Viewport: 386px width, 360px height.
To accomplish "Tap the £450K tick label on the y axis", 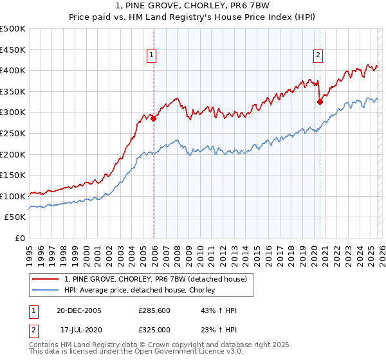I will click(x=13, y=50).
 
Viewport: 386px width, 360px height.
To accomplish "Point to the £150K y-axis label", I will click(x=13, y=175).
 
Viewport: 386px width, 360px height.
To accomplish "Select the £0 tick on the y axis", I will click(x=21, y=239).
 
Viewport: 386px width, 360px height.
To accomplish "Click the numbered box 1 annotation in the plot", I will click(x=151, y=56).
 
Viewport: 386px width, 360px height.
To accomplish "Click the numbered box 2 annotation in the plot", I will click(x=318, y=56).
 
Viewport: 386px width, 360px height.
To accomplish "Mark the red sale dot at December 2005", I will click(x=154, y=118).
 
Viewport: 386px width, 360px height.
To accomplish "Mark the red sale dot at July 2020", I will click(x=320, y=102).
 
